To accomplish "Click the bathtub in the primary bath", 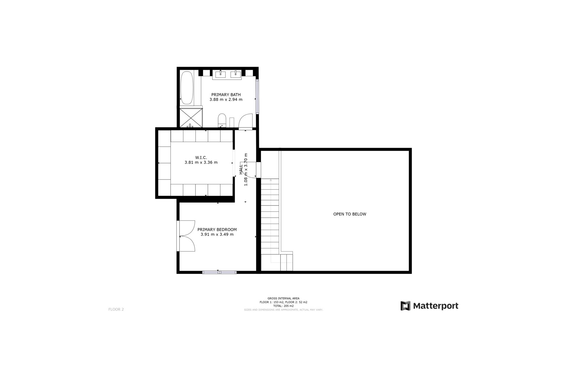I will (x=187, y=88).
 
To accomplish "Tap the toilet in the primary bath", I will (x=222, y=120).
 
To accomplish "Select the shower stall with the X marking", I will (x=191, y=118).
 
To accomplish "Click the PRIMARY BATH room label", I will (x=226, y=95).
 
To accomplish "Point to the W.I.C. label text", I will (x=201, y=158).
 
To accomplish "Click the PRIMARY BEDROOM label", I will (x=217, y=229).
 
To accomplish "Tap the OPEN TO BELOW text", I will (x=350, y=214).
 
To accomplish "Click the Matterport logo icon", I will (x=405, y=306).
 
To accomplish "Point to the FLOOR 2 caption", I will (x=116, y=309).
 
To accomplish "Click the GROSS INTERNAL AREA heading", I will (x=283, y=299).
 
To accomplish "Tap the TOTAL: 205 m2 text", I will (x=283, y=306).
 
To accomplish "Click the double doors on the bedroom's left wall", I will (x=186, y=236).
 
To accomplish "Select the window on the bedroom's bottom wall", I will (x=219, y=272).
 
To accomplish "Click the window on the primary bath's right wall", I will (x=257, y=97).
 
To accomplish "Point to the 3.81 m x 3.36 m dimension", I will (x=201, y=162).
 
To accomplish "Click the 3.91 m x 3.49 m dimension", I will (x=217, y=234).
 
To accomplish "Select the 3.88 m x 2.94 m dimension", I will (x=226, y=100).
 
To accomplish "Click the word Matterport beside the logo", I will (x=436, y=306).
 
